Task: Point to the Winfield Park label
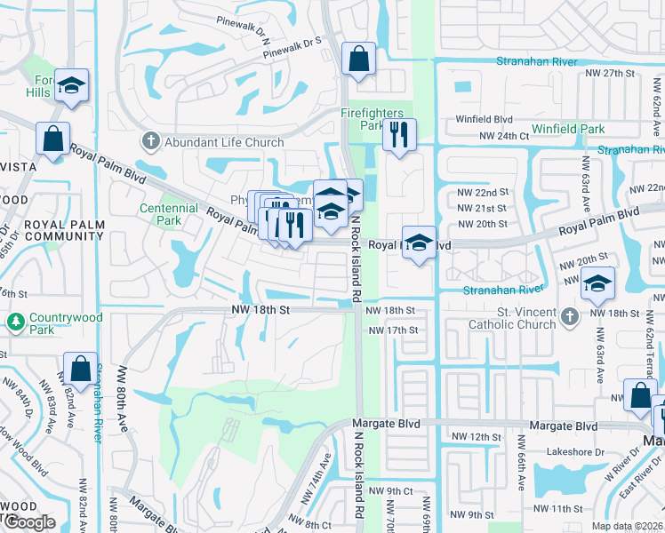(x=568, y=130)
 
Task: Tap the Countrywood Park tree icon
(x=14, y=320)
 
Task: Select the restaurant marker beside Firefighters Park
(x=398, y=134)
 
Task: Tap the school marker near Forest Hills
(x=72, y=85)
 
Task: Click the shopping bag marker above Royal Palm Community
(x=52, y=139)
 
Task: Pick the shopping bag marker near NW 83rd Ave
(x=80, y=368)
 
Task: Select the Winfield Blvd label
(x=485, y=119)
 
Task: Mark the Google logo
(x=29, y=522)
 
